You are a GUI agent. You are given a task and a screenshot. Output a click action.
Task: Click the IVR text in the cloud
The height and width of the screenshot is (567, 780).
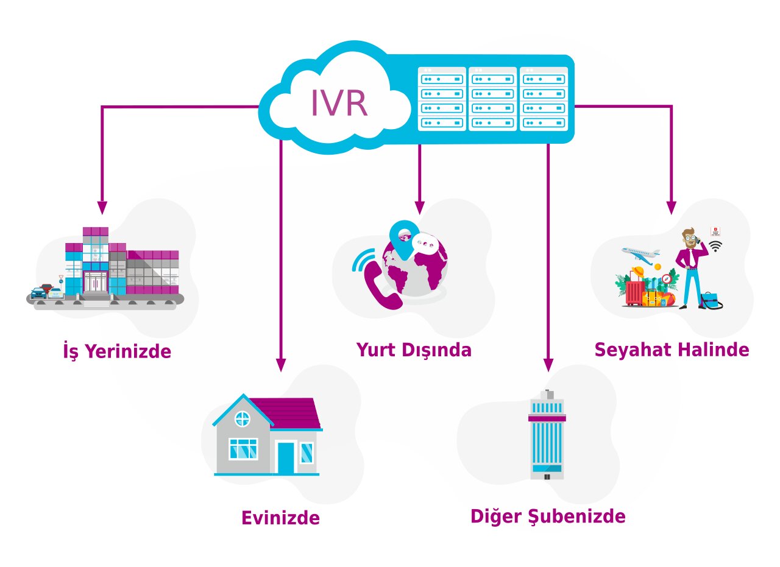tap(339, 104)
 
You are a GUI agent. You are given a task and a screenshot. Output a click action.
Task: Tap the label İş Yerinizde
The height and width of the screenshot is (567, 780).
tap(117, 351)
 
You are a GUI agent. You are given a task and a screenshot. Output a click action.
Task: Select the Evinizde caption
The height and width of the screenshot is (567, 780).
tap(280, 518)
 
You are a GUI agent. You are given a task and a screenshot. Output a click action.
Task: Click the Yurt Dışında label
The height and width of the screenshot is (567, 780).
tap(414, 350)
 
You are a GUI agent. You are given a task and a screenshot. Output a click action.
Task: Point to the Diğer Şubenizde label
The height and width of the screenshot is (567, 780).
tap(548, 516)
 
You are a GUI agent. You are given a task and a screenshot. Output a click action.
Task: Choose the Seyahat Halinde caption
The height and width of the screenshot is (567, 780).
tap(672, 350)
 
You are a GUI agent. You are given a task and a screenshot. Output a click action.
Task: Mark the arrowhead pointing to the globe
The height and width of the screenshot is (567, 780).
tap(419, 207)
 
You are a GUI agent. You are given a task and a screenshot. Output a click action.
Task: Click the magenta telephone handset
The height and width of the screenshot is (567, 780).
tap(381, 284)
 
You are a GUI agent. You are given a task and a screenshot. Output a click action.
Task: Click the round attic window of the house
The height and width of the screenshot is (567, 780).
tap(243, 418)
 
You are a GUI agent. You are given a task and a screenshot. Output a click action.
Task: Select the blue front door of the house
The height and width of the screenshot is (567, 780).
tap(285, 457)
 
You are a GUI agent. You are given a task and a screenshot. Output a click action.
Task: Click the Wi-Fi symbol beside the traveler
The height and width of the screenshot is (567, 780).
tap(715, 245)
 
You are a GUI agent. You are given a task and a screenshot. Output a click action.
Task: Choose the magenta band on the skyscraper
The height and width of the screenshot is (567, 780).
tap(547, 418)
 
